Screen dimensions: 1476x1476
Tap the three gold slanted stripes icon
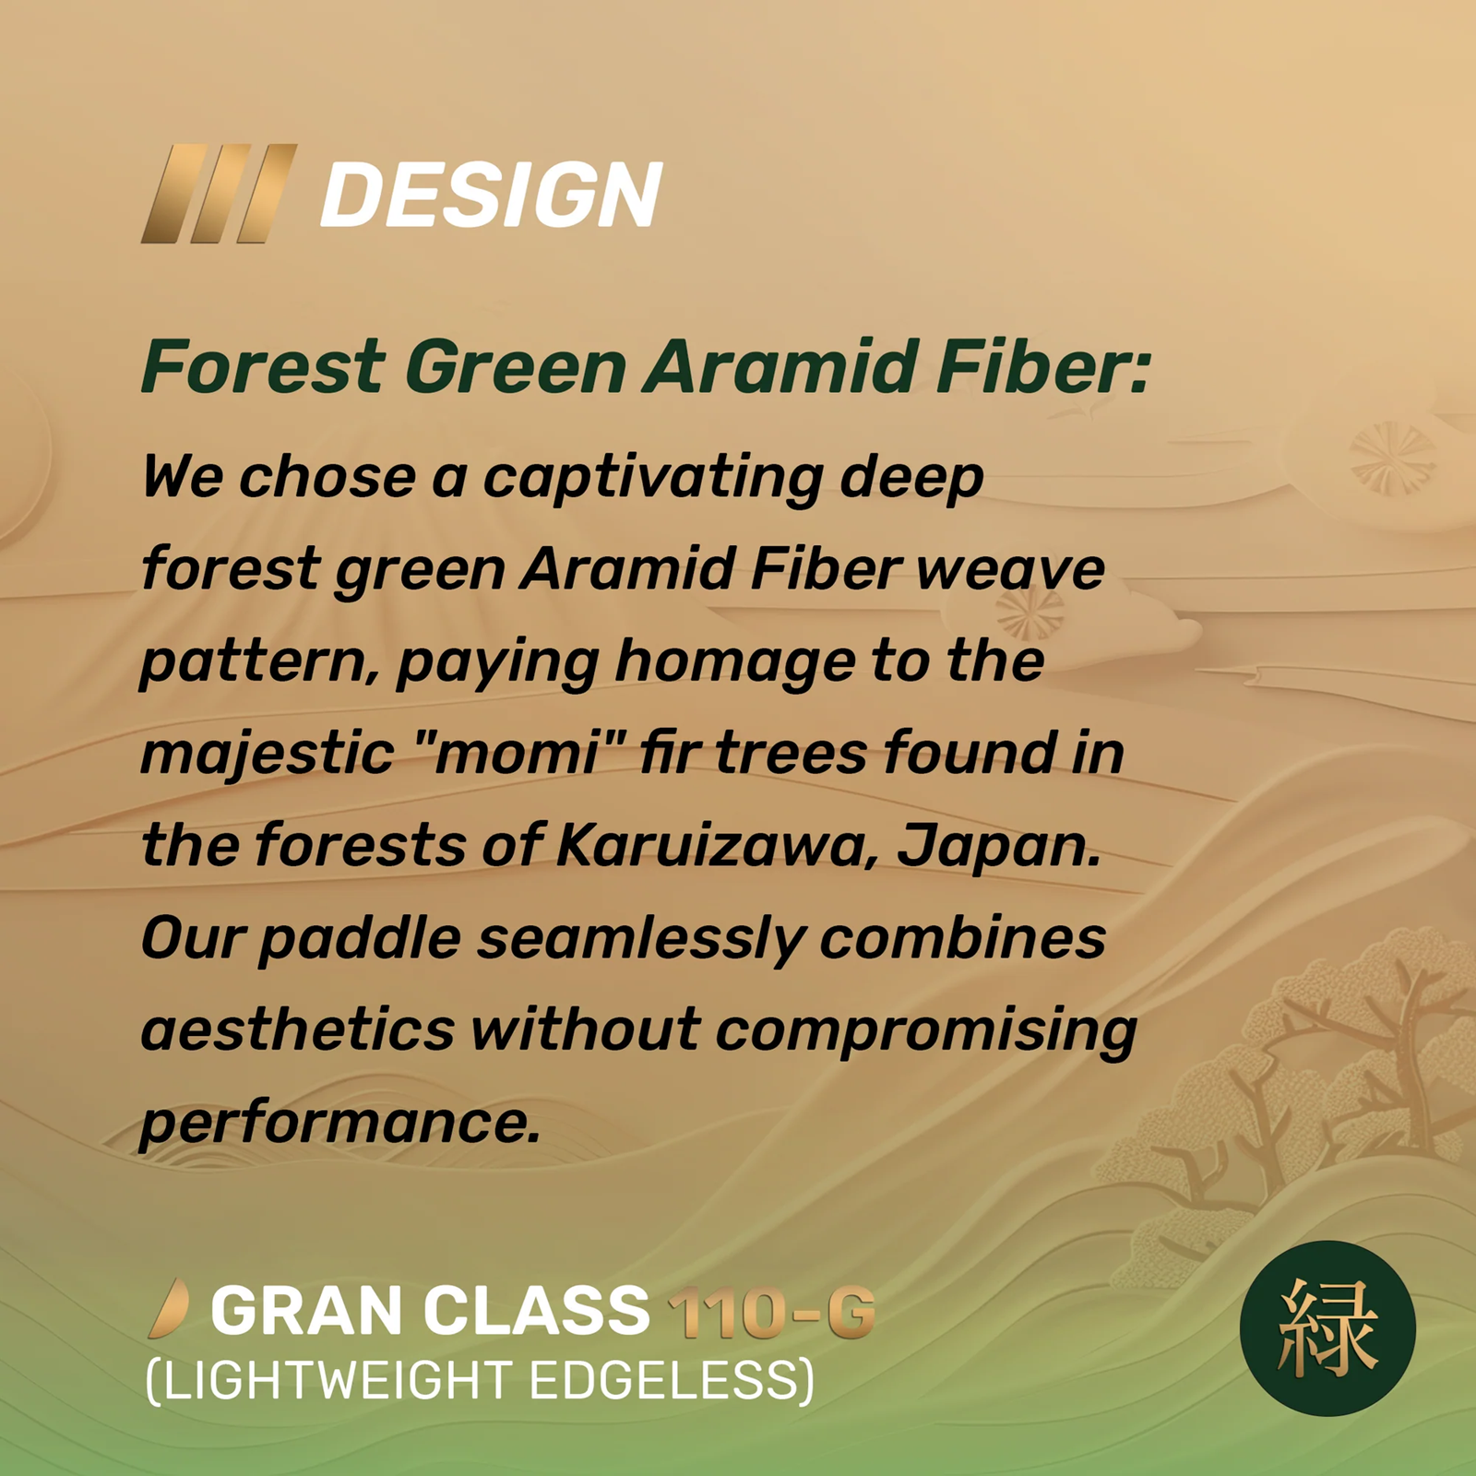[x=219, y=194]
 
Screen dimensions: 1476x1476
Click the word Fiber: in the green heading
[x=1042, y=366]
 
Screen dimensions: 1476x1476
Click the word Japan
[x=999, y=846]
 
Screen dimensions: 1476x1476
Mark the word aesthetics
[x=297, y=1029]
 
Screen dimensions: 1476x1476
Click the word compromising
[x=926, y=1032]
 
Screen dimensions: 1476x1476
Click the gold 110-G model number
[x=771, y=1312]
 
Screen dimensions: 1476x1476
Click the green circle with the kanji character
[x=1327, y=1328]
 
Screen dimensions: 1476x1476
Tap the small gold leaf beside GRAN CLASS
[x=169, y=1309]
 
